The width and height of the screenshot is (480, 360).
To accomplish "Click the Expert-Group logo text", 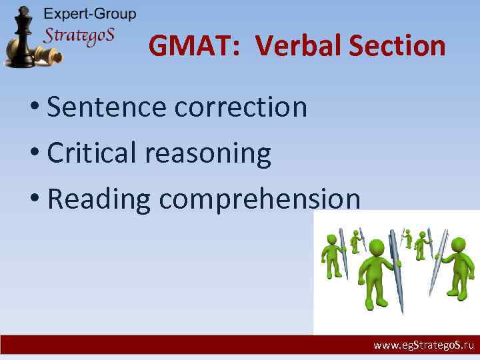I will pos(89,14).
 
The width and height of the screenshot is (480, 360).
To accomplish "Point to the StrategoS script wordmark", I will pos(79,35).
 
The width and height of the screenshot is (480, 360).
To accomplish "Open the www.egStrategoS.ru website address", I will pos(423,346).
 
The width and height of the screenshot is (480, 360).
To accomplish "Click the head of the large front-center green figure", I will pos(377,248).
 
